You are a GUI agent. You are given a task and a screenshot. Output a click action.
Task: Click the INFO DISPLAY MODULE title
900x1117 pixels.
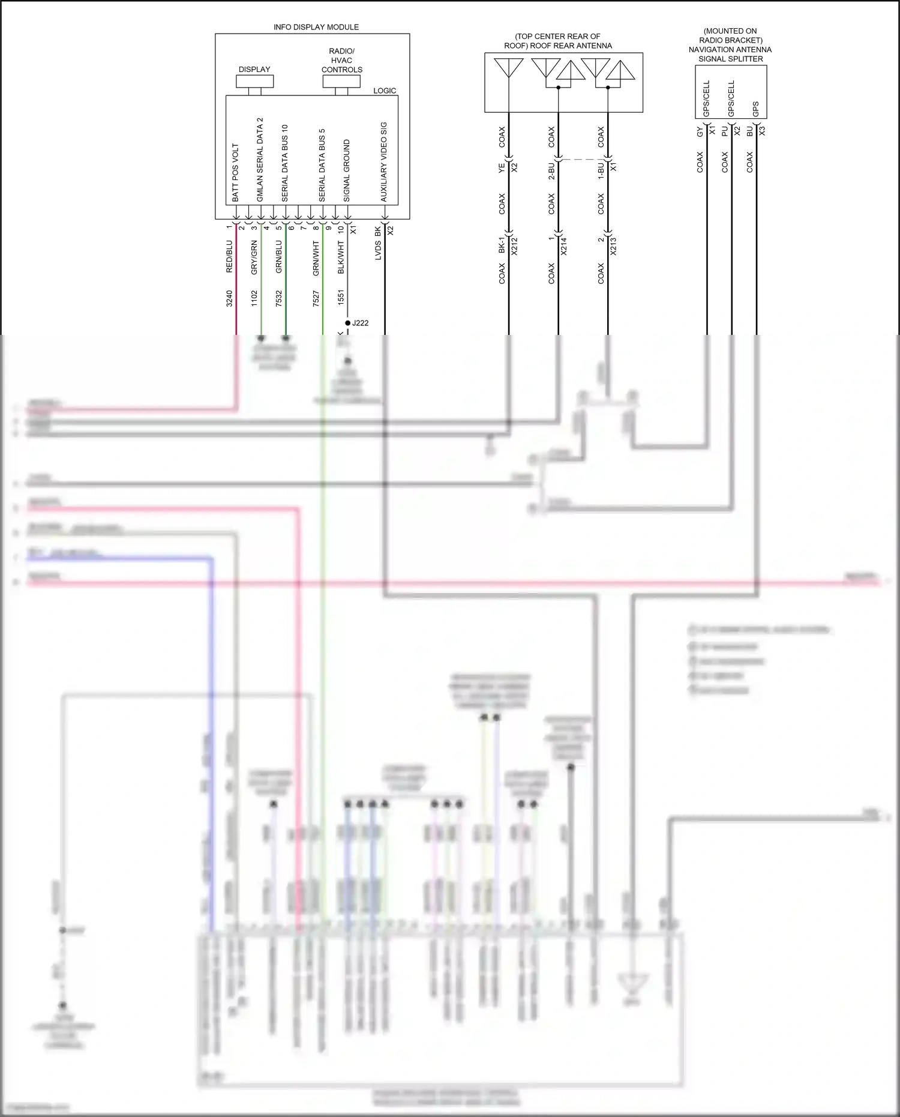click(x=316, y=27)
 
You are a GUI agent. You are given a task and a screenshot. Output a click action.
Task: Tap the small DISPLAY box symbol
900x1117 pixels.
click(x=255, y=82)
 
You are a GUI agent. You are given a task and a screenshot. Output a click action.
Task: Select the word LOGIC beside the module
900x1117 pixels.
click(x=385, y=91)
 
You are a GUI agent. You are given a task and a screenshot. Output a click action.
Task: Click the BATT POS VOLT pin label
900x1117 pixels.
click(x=235, y=172)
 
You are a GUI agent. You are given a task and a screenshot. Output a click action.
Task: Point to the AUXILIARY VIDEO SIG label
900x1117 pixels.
click(x=384, y=162)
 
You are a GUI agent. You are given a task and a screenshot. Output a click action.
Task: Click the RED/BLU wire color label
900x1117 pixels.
click(x=229, y=256)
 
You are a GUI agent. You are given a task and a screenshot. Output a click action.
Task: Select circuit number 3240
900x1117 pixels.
click(x=229, y=298)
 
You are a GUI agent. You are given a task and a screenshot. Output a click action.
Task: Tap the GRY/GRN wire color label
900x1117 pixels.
click(x=254, y=257)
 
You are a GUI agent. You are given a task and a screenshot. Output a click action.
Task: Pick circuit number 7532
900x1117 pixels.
click(x=278, y=298)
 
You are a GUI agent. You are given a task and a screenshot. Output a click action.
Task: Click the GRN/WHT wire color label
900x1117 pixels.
click(x=316, y=258)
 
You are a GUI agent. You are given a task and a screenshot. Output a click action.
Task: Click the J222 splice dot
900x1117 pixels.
click(x=347, y=323)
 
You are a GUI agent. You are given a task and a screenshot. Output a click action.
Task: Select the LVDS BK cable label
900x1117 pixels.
click(x=378, y=244)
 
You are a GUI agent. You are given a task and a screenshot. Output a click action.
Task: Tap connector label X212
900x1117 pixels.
click(x=514, y=246)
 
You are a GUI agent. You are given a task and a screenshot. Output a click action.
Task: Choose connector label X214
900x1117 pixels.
click(x=563, y=246)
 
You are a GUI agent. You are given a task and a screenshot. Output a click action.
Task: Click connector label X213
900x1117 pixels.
click(x=613, y=246)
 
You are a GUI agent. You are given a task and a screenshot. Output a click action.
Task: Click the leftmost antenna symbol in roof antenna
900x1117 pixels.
click(x=509, y=67)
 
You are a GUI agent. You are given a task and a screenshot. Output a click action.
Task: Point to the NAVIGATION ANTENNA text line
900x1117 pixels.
click(x=730, y=50)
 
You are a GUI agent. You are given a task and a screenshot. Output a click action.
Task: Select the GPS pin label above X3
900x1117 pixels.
click(x=755, y=109)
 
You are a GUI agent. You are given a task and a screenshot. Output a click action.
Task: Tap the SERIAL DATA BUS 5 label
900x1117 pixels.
click(x=322, y=165)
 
